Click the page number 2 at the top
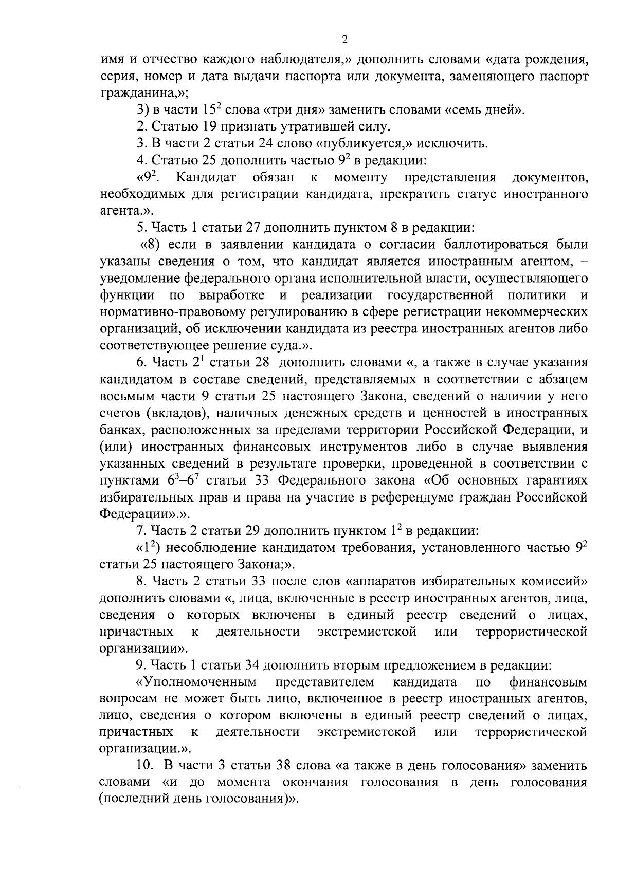[344, 40]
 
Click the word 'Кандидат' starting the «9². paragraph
[206, 178]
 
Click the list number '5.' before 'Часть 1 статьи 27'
[141, 228]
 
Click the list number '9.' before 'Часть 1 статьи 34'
[141, 665]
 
